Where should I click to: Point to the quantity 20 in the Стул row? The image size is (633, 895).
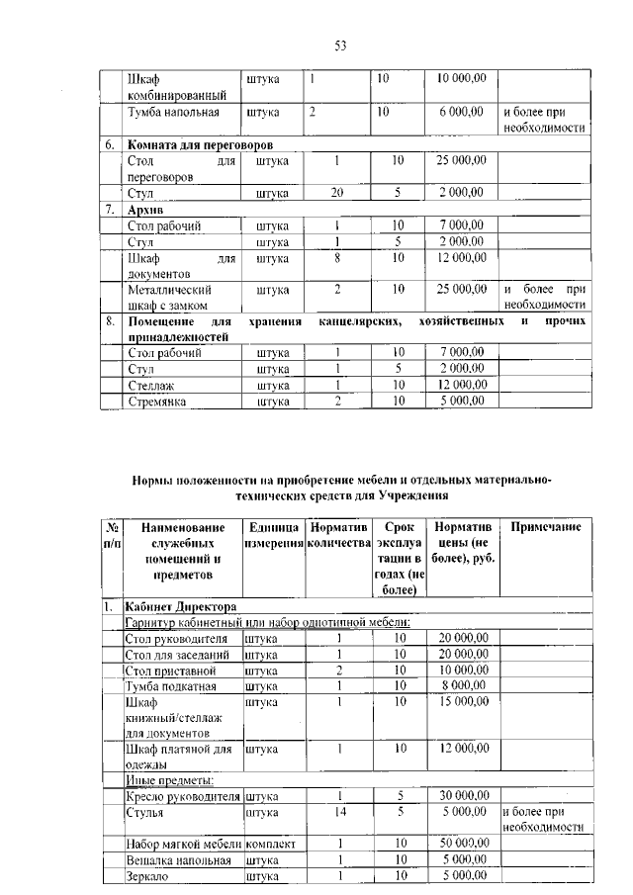pos(337,192)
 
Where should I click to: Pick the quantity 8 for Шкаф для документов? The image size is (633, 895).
pos(337,258)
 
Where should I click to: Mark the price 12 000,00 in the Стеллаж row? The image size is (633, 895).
pos(461,385)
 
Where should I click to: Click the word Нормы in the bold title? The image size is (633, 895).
pos(154,480)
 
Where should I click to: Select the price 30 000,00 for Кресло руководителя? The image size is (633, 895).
pos(462,794)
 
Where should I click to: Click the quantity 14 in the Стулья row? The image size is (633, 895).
pos(337,811)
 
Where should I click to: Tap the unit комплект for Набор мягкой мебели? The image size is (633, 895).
pos(271,843)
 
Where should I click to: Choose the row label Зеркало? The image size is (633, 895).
pos(148,875)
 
